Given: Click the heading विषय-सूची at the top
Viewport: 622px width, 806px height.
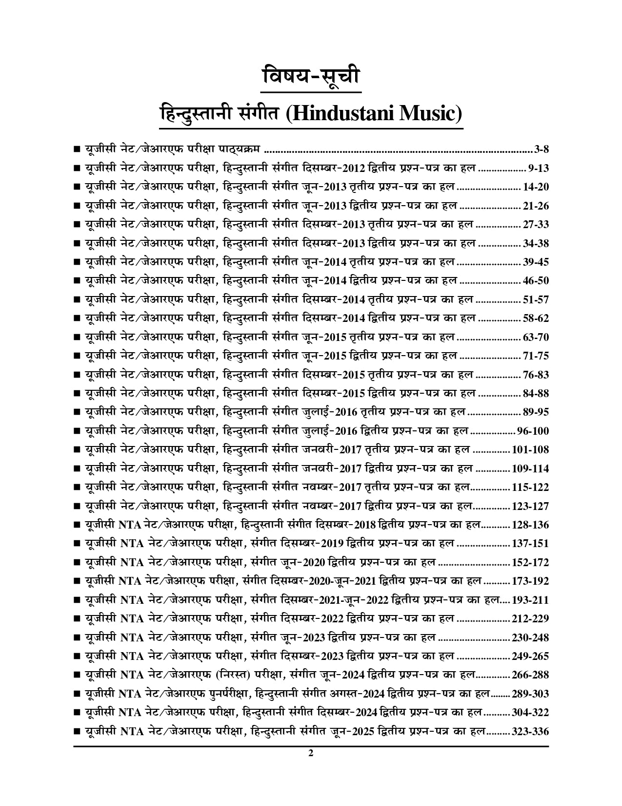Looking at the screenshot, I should [x=311, y=77].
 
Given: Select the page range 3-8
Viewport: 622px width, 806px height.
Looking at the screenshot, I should [x=542, y=149].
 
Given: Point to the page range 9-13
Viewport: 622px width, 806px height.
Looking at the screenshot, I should [x=539, y=168].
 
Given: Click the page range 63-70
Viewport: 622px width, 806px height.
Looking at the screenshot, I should [x=536, y=337].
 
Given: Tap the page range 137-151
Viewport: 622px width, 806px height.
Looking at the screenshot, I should [x=530, y=543].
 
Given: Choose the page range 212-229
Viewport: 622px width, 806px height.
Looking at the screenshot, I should [x=530, y=618].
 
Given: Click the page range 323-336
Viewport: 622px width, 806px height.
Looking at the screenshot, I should [x=530, y=731].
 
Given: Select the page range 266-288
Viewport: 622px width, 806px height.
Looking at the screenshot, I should [x=530, y=675].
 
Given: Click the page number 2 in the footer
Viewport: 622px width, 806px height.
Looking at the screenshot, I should [x=311, y=766].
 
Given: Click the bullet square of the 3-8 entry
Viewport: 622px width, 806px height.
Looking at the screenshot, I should [x=77, y=149].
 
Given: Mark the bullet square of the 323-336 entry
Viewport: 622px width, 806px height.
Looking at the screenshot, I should [x=77, y=732].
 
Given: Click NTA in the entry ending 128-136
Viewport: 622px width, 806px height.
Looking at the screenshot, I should [x=130, y=525].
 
